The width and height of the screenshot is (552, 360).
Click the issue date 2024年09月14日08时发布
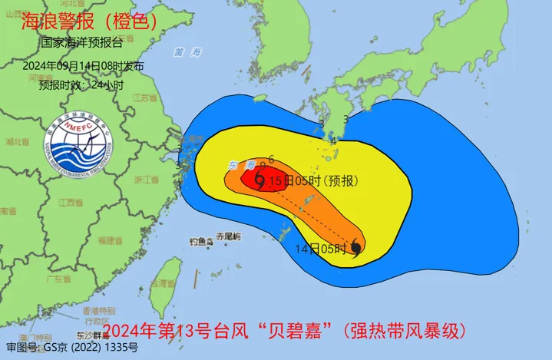(x=83, y=66)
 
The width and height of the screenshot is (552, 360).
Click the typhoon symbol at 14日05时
(x=356, y=247)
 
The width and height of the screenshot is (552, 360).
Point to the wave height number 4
(x=333, y=140)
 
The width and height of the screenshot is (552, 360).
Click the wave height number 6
(x=272, y=160)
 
